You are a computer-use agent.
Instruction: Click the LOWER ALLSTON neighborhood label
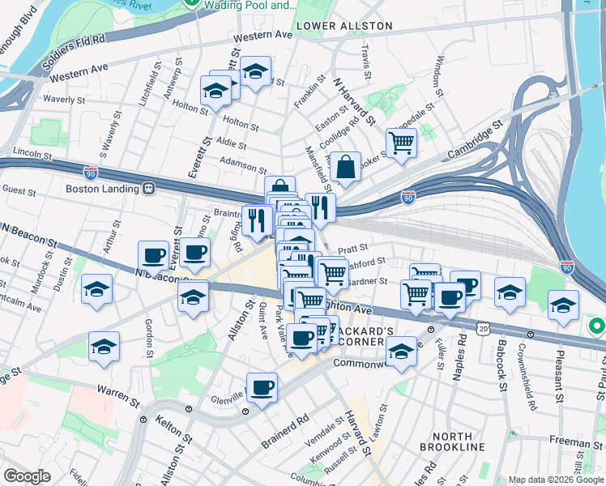pyautogui.click(x=344, y=26)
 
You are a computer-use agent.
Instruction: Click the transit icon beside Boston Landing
pyautogui.click(x=149, y=189)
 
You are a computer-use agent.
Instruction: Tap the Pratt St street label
pyautogui.click(x=353, y=249)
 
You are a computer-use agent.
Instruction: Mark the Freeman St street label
pyautogui.click(x=573, y=442)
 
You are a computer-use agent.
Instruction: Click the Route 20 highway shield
pyautogui.click(x=484, y=327)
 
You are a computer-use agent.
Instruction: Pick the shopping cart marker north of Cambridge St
pyautogui.click(x=402, y=143)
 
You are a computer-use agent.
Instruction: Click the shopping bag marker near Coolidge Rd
pyautogui.click(x=345, y=167)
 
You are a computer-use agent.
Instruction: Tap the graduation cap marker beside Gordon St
pyautogui.click(x=104, y=347)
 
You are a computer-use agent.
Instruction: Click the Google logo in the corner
pyautogui.click(x=28, y=475)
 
